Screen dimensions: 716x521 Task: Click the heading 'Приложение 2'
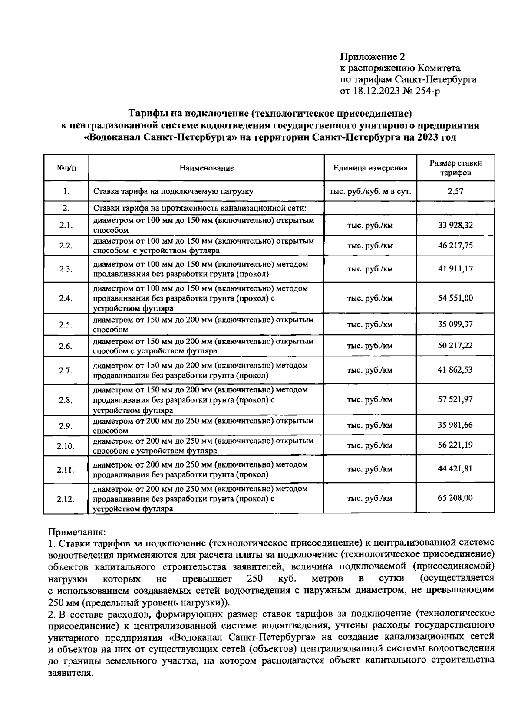coord(372,57)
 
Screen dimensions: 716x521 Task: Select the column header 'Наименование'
coord(207,168)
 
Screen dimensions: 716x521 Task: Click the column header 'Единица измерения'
coord(370,168)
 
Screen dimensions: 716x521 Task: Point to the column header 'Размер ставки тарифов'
coord(455,168)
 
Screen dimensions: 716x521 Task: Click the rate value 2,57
coord(455,191)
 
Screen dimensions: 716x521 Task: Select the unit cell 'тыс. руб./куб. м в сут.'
coord(370,191)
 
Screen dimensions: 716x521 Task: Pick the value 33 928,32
coord(455,225)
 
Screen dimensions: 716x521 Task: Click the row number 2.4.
coord(66,298)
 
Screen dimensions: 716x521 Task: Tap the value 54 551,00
coord(455,298)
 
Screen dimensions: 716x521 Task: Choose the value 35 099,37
coord(455,324)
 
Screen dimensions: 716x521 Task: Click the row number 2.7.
coord(66,370)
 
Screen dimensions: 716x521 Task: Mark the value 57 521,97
coord(455,399)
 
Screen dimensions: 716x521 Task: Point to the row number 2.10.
coord(66,445)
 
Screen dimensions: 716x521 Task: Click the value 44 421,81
coord(455,469)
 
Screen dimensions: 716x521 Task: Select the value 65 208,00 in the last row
coord(455,498)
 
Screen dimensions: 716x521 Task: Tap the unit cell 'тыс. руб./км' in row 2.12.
coord(370,498)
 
